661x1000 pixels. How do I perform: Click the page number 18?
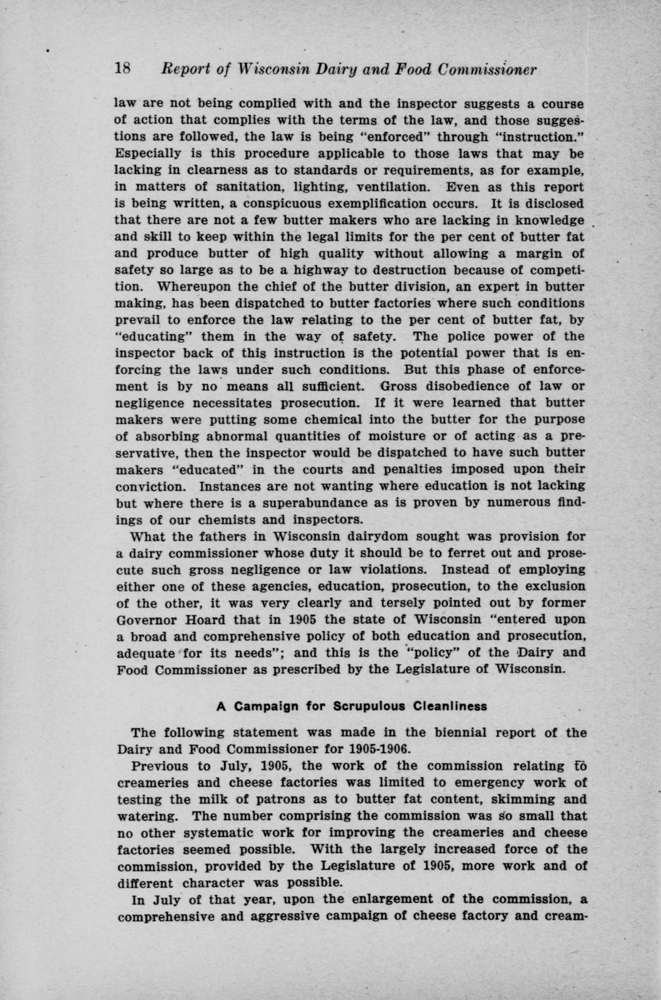(x=122, y=70)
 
